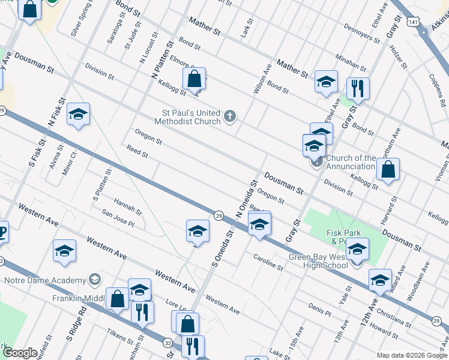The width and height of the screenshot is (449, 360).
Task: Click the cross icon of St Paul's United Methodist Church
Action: click(x=231, y=116)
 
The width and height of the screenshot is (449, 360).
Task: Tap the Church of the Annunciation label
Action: click(x=351, y=162)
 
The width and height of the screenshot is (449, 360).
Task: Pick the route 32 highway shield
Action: click(x=169, y=341)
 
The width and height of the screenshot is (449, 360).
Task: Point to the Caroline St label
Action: click(x=268, y=262)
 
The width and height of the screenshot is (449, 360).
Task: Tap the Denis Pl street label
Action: click(x=319, y=309)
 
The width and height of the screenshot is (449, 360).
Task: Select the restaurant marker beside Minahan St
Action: click(x=358, y=88)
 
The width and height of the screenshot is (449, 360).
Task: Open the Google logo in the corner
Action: click(x=19, y=353)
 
